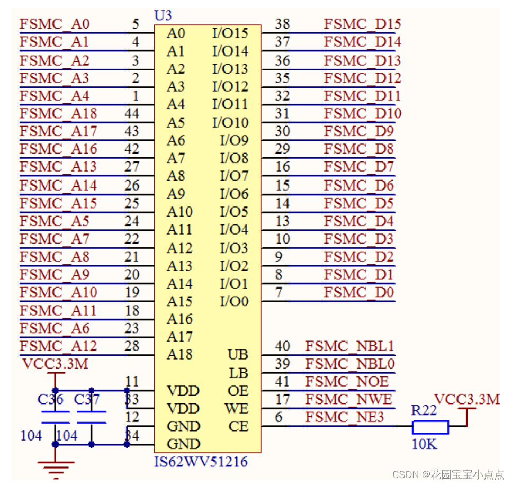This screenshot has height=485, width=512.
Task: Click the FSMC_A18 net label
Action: pos(58,113)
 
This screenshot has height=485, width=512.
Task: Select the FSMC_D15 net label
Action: pos(362,24)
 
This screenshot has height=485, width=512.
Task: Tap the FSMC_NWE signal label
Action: pos(348,399)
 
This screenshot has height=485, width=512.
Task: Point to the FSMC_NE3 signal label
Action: pos(344,417)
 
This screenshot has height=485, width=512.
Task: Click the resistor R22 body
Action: pos(430,427)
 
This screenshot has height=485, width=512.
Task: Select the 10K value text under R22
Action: pos(424,444)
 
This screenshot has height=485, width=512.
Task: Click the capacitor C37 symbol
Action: pos(91,416)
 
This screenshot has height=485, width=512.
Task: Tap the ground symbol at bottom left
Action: pos(56,466)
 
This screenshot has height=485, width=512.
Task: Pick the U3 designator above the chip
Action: pos(163,16)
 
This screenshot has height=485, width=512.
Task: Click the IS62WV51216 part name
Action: pos(201,462)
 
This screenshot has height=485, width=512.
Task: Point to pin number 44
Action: pos(132,113)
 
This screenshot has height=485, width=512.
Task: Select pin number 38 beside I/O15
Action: pos(282,24)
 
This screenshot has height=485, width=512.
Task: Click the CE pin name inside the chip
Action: pos(238,426)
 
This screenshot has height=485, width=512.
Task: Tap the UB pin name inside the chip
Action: pos(238,355)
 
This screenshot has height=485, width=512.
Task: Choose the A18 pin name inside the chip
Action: pos(180,354)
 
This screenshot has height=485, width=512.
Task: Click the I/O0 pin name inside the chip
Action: pos(234,301)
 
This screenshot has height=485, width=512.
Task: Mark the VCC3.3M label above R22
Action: pos(466,399)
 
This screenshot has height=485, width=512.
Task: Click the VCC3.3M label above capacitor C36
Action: pos(56,364)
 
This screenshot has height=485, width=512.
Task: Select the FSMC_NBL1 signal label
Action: pos(349,346)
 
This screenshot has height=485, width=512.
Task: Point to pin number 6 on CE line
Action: pos(279,417)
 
